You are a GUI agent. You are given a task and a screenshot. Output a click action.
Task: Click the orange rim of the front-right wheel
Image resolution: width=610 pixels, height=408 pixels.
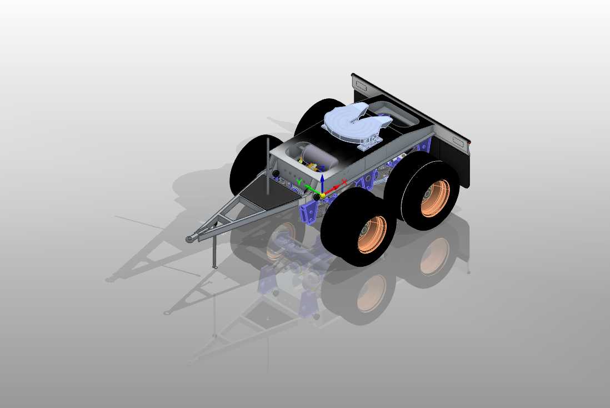(x=372, y=234)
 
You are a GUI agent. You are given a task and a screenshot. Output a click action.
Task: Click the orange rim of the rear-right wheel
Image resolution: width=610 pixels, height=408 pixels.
(x=435, y=198)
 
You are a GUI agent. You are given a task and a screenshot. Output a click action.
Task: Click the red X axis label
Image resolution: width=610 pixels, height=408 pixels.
(x=344, y=182)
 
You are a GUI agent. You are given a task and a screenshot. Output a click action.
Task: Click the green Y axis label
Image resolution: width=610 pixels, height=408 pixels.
(x=299, y=182)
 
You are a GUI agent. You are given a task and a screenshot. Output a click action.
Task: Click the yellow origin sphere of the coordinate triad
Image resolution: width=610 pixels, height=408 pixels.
(x=323, y=194)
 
